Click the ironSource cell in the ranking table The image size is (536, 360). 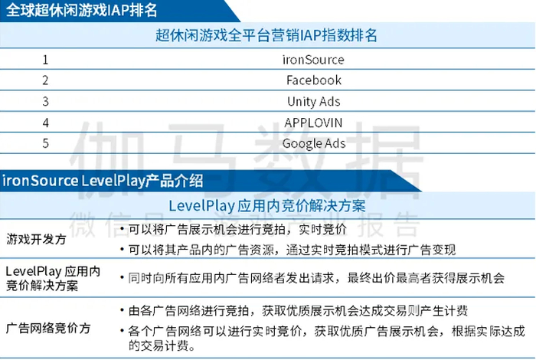[313, 60]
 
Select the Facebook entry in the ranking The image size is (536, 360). [313, 80]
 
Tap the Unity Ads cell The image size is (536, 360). [313, 101]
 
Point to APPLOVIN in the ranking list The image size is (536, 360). [313, 123]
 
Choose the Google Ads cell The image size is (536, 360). [313, 143]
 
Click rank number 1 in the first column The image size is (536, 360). [46, 60]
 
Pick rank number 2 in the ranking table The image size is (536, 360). [46, 80]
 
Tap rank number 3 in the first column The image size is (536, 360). [46, 101]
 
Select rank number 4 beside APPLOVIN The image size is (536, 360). [46, 123]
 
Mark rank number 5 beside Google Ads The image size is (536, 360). [46, 143]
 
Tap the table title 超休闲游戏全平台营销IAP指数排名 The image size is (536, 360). [266, 36]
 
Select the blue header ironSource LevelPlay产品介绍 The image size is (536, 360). [103, 181]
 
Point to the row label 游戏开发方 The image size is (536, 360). [36, 239]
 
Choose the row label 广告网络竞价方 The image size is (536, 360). [48, 328]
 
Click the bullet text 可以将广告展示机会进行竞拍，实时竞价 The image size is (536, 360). [237, 229]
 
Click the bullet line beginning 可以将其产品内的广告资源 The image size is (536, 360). [291, 250]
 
